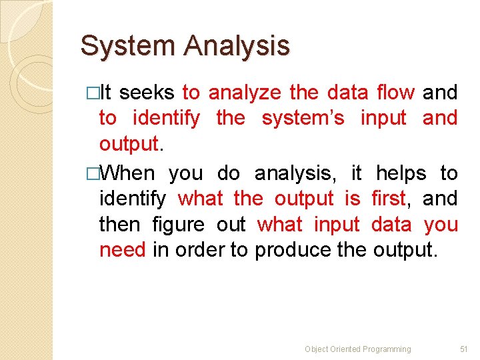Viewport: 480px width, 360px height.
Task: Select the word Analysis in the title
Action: (237, 46)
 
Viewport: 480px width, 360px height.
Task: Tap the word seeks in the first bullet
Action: (147, 93)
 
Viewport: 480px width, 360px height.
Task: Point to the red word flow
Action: (395, 93)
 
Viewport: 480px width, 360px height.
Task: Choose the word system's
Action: (303, 118)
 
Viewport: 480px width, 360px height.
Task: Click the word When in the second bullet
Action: (129, 173)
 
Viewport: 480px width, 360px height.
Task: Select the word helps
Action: (401, 173)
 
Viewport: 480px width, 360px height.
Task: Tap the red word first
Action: (388, 198)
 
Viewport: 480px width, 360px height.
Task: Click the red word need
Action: (122, 249)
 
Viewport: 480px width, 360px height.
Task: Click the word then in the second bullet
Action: (121, 224)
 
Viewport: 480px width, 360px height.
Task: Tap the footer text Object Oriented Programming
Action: (357, 349)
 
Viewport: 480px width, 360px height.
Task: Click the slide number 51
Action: (464, 349)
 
